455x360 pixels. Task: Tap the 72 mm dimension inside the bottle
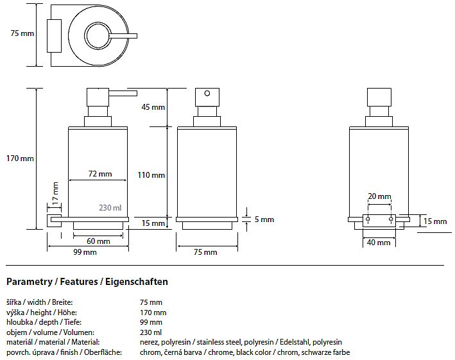click(100, 174)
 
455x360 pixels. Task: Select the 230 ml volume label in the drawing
click(110, 208)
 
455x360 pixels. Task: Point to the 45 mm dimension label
click(153, 107)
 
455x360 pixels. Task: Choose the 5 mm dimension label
click(264, 219)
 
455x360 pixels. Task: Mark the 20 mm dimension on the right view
click(379, 196)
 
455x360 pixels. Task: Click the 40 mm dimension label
click(379, 243)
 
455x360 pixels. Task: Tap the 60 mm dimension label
click(99, 241)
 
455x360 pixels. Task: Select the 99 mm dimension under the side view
click(85, 253)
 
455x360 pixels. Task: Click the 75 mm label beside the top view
click(22, 33)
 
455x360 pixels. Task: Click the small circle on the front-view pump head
click(207, 94)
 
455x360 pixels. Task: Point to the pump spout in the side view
click(125, 94)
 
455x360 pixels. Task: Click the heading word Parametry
click(26, 282)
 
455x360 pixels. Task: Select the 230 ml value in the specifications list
click(151, 332)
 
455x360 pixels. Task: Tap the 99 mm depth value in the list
click(151, 322)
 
